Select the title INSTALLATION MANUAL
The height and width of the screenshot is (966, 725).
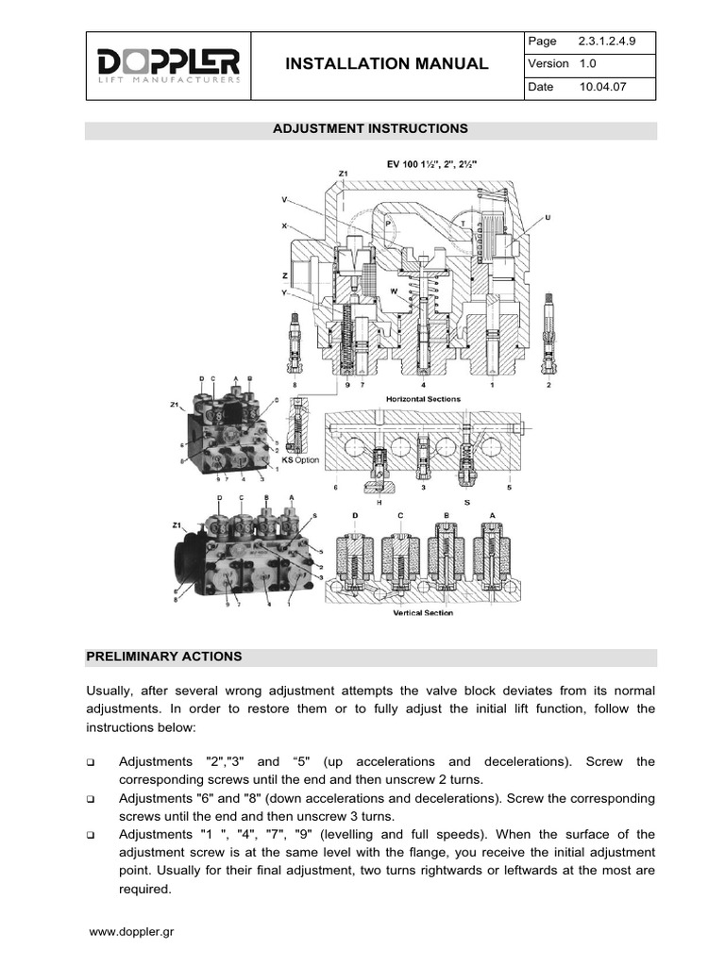[387, 64]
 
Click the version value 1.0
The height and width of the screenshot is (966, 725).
[586, 64]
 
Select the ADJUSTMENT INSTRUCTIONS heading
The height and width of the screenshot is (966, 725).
[370, 127]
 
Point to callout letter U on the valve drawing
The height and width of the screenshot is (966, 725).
[548, 217]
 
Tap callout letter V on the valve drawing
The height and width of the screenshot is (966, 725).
[284, 200]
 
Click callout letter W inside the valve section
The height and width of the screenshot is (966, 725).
[395, 291]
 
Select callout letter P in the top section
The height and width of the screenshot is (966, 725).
[387, 222]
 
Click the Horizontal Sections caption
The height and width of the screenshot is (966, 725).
[423, 399]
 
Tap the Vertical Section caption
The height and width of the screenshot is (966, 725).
[423, 613]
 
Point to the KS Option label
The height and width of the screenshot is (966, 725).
[302, 460]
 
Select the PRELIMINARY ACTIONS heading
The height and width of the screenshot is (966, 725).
[164, 656]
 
